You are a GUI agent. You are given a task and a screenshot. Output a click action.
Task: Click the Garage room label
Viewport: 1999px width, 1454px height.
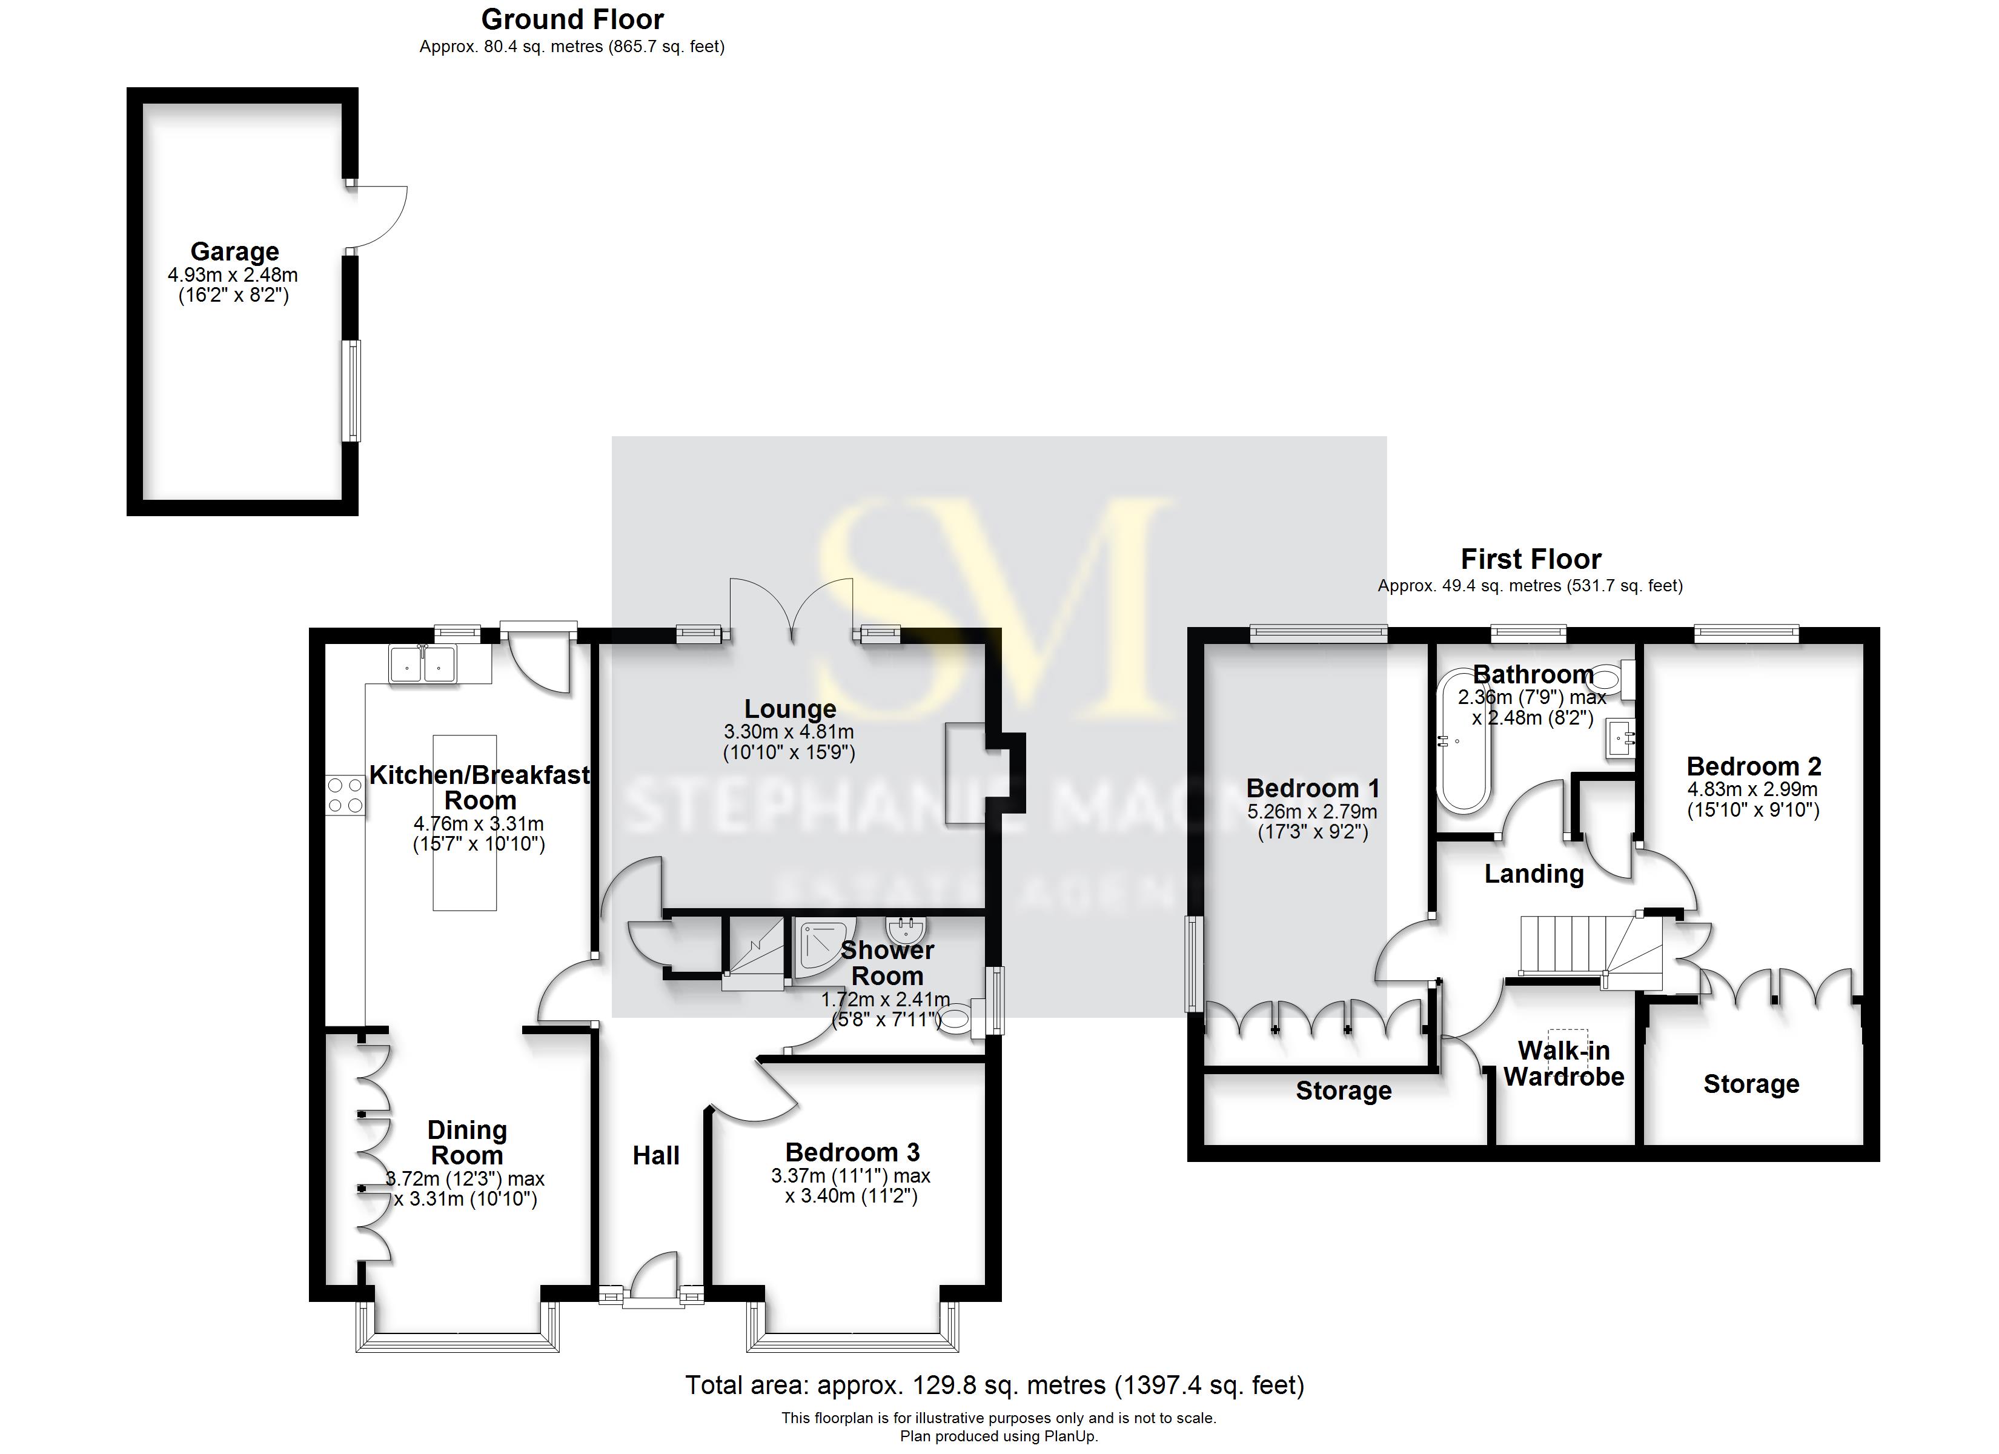pos(234,252)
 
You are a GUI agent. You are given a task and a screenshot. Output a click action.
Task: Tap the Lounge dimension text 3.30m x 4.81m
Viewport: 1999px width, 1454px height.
pos(789,732)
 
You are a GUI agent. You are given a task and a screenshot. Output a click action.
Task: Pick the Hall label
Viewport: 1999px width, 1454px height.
pos(656,1155)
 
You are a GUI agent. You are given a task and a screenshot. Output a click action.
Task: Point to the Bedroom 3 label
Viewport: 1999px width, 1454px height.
pos(852,1152)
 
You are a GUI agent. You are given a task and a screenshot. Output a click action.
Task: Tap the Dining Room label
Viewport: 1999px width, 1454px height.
pos(466,1143)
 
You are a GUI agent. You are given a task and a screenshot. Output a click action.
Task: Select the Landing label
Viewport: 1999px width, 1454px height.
pos(1534,874)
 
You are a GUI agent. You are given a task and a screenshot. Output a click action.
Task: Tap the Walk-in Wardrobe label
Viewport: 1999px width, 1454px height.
pos(1563,1063)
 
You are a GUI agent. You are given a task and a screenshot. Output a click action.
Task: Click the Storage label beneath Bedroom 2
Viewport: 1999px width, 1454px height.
pos(1751,1084)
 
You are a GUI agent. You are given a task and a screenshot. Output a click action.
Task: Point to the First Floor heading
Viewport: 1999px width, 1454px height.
pos(1530,559)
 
